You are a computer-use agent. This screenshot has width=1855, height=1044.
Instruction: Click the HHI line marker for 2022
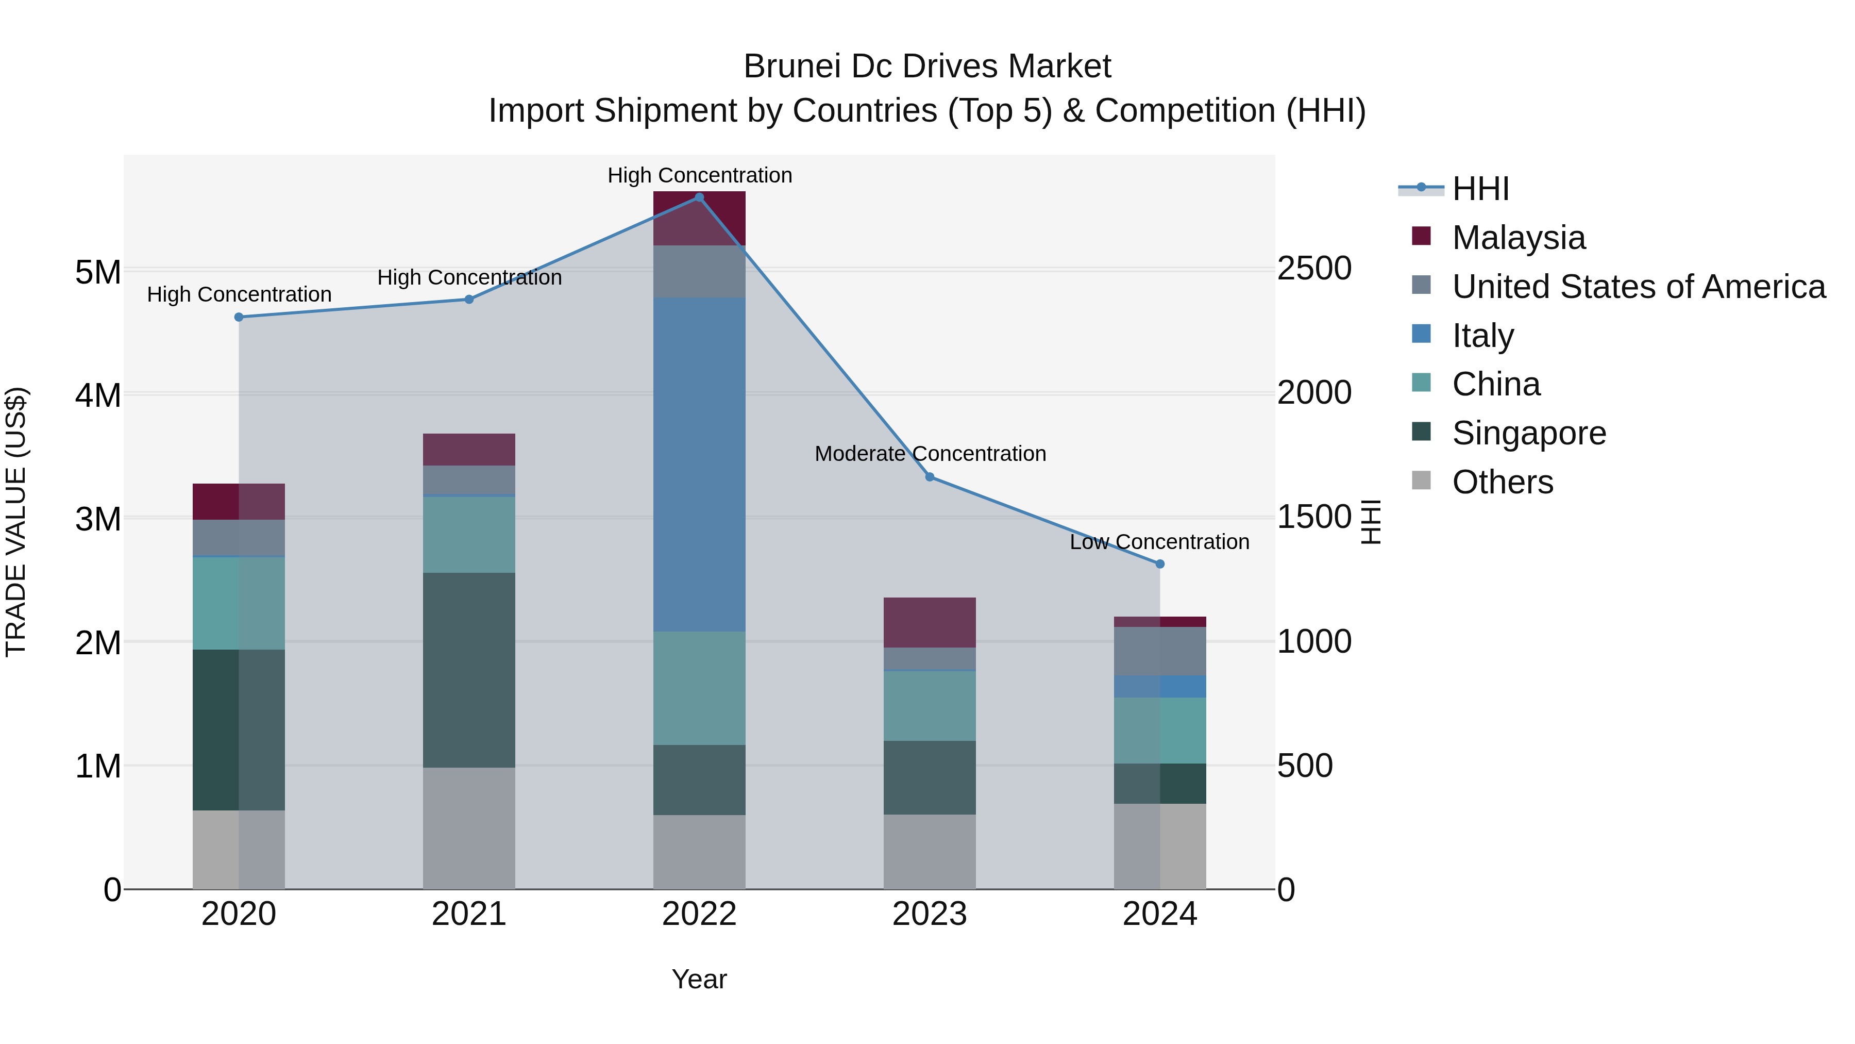click(699, 197)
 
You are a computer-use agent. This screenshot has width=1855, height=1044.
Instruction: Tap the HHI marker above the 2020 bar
click(239, 317)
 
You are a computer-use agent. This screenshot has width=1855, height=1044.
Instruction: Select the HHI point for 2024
click(1159, 564)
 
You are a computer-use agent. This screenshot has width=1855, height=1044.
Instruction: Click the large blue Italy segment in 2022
click(699, 465)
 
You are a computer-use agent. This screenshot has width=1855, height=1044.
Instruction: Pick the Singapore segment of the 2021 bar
click(469, 670)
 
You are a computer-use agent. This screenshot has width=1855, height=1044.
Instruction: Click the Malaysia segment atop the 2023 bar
click(929, 622)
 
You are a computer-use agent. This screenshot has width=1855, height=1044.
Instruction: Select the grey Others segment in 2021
click(469, 828)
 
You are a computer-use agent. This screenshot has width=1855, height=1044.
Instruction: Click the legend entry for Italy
click(1482, 335)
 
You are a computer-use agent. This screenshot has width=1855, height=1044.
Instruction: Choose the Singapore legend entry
click(1529, 433)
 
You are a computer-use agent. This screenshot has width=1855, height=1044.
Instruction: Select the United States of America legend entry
click(1638, 286)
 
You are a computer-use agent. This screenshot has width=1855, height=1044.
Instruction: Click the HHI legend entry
click(1480, 189)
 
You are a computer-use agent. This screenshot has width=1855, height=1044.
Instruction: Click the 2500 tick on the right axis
click(1314, 268)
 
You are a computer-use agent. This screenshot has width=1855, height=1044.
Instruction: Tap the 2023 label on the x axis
click(929, 914)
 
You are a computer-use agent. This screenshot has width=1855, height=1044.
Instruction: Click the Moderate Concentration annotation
click(930, 453)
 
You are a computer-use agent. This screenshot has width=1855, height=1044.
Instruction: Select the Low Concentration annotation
click(1159, 541)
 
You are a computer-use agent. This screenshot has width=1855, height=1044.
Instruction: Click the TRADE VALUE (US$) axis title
click(16, 522)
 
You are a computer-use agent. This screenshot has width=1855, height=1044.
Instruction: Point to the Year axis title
click(699, 979)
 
